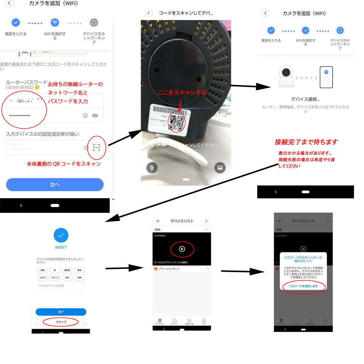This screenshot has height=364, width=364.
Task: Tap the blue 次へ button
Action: [55, 184]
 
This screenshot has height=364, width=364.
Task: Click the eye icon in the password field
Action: [95, 116]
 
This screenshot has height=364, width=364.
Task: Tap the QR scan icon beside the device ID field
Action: [96, 148]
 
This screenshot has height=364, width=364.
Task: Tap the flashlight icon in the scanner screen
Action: [152, 167]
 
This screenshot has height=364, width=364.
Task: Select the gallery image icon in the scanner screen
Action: [220, 167]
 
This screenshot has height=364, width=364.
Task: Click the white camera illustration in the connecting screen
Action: [286, 76]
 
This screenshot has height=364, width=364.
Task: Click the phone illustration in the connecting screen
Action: [326, 77]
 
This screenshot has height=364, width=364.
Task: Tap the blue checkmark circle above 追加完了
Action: [61, 235]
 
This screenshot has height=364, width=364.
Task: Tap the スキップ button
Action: [61, 322]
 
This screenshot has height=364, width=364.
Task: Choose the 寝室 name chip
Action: [79, 270]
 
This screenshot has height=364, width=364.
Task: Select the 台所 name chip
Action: [67, 278]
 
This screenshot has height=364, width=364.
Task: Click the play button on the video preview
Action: [182, 249]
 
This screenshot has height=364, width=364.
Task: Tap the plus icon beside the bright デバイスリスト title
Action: [206, 221]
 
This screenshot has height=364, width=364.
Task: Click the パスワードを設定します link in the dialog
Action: [303, 286]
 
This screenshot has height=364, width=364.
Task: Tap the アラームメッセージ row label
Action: [169, 269]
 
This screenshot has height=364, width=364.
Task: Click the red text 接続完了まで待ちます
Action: [306, 142]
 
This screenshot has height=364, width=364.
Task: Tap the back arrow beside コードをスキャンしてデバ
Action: [148, 13]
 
